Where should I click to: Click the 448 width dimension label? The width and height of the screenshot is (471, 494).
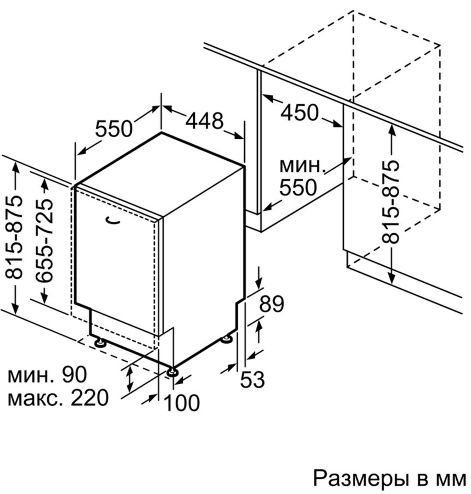(x=204, y=121)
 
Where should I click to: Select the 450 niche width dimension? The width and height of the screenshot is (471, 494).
(x=299, y=113)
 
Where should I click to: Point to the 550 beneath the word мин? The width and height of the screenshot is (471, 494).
(x=298, y=187)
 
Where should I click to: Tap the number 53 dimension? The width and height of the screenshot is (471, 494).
(x=253, y=379)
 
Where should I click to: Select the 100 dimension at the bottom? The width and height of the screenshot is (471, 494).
(x=182, y=403)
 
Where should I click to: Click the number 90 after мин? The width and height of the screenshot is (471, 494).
(x=74, y=375)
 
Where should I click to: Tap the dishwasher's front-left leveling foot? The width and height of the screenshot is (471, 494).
(x=100, y=343)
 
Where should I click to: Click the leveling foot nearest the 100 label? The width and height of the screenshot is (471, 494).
(x=173, y=372)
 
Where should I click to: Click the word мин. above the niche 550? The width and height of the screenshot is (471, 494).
(x=302, y=165)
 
